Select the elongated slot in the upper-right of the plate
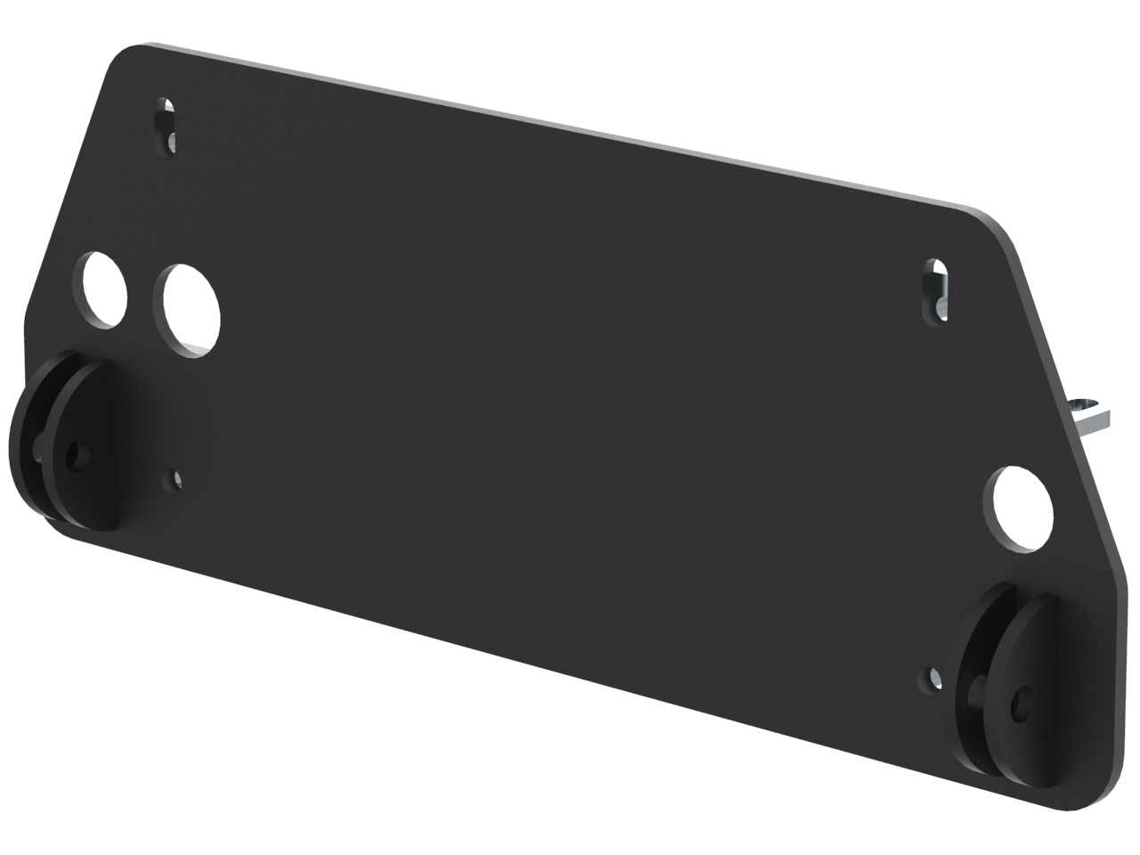click(x=936, y=291)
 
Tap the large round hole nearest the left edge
click(x=105, y=290)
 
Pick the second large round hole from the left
click(x=191, y=310)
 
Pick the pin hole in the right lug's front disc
click(x=1020, y=705)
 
